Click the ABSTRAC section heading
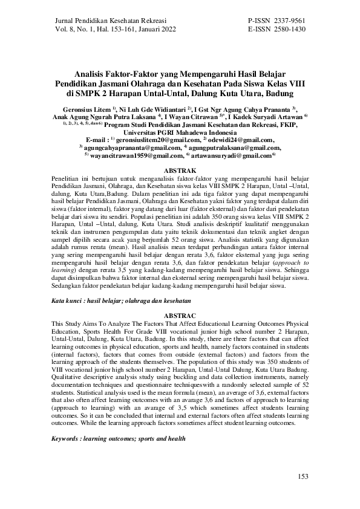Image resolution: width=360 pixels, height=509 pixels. click(180, 316)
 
